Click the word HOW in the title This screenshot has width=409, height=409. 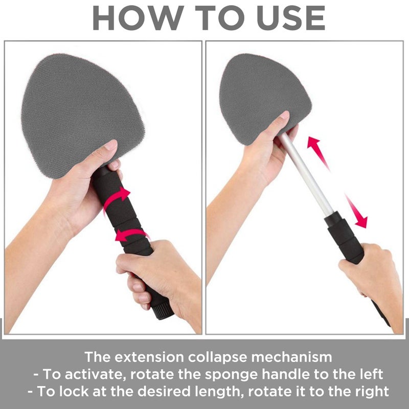(139, 18)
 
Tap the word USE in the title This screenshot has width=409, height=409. (291, 18)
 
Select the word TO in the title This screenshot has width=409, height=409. (220, 18)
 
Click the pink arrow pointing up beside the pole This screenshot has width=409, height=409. (317, 152)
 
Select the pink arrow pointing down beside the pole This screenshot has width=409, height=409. (357, 211)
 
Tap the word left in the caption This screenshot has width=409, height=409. (371, 374)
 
